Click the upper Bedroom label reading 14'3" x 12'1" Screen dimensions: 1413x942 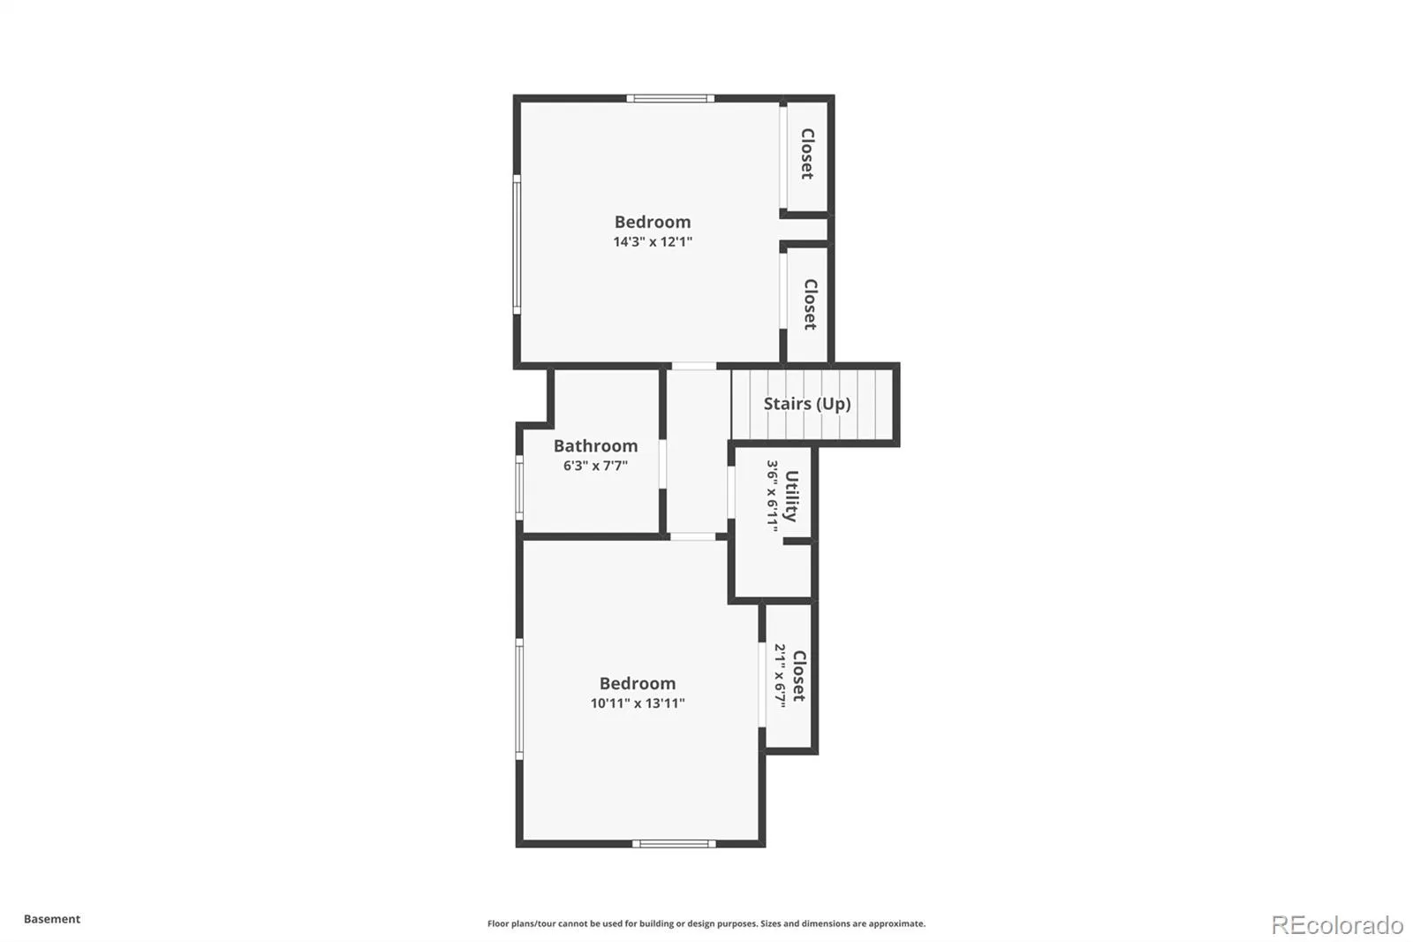tap(653, 242)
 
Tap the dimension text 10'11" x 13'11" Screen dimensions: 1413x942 tap(638, 703)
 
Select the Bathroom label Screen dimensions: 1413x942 tap(595, 445)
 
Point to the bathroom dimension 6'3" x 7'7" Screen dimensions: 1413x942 tap(595, 466)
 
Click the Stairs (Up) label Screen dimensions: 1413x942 tap(807, 404)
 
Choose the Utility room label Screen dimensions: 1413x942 tap(791, 497)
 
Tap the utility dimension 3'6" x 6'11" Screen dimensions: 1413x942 tap(773, 496)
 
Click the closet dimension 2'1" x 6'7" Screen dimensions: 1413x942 tap(781, 675)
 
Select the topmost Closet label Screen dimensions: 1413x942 tap(807, 154)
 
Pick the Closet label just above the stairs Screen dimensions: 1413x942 tap(811, 304)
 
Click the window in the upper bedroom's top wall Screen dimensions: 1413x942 tap(670, 98)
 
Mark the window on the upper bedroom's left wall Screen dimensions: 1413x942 tap(517, 245)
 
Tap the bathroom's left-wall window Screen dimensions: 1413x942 tap(520, 488)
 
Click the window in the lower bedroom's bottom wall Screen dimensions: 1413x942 tap(675, 844)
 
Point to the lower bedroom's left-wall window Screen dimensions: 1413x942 tap(520, 699)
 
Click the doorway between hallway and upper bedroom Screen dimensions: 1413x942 tap(694, 366)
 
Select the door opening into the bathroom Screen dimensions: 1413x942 tap(663, 464)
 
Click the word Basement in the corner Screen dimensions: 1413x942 tap(52, 919)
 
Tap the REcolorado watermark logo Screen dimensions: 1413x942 tap(1337, 925)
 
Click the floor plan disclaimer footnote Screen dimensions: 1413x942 tap(706, 923)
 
